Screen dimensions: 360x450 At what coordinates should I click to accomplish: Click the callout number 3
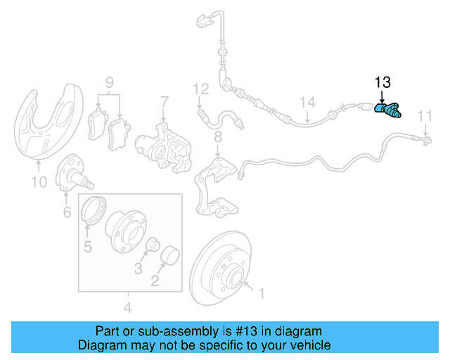(x=139, y=268)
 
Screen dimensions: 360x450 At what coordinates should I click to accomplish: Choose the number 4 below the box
(x=128, y=307)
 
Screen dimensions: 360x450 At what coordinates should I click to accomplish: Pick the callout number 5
(x=89, y=247)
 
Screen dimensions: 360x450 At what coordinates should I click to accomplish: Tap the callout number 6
(x=67, y=211)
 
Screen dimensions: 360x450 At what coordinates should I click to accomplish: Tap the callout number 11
(x=425, y=115)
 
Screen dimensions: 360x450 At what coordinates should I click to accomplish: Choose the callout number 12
(x=201, y=89)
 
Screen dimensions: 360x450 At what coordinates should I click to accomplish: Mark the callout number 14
(x=306, y=102)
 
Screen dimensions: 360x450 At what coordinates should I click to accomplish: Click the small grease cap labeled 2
(x=169, y=257)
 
